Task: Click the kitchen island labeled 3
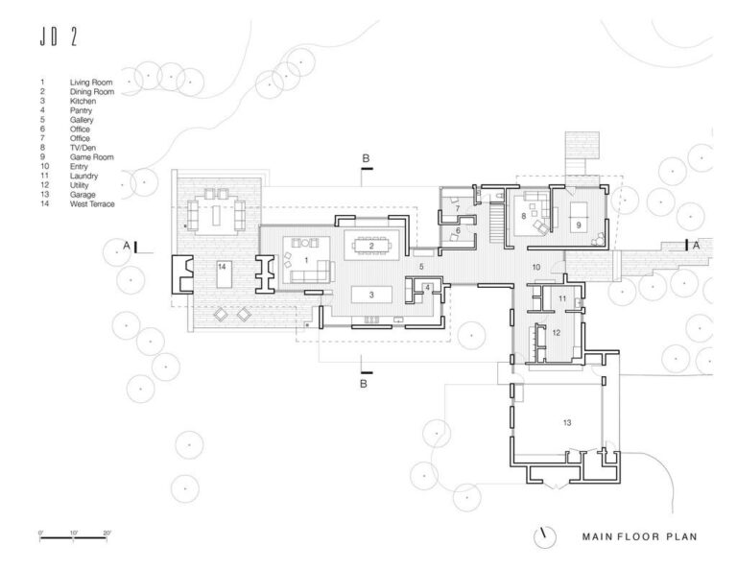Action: tap(369, 294)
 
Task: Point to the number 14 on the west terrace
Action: tap(222, 265)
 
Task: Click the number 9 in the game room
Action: tap(578, 224)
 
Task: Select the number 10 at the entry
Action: tap(536, 265)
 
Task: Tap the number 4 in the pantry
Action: tap(427, 287)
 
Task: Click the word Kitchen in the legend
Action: tap(83, 101)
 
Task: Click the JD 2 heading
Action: tap(59, 37)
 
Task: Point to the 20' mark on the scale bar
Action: tap(107, 532)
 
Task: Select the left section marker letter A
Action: tap(126, 247)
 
